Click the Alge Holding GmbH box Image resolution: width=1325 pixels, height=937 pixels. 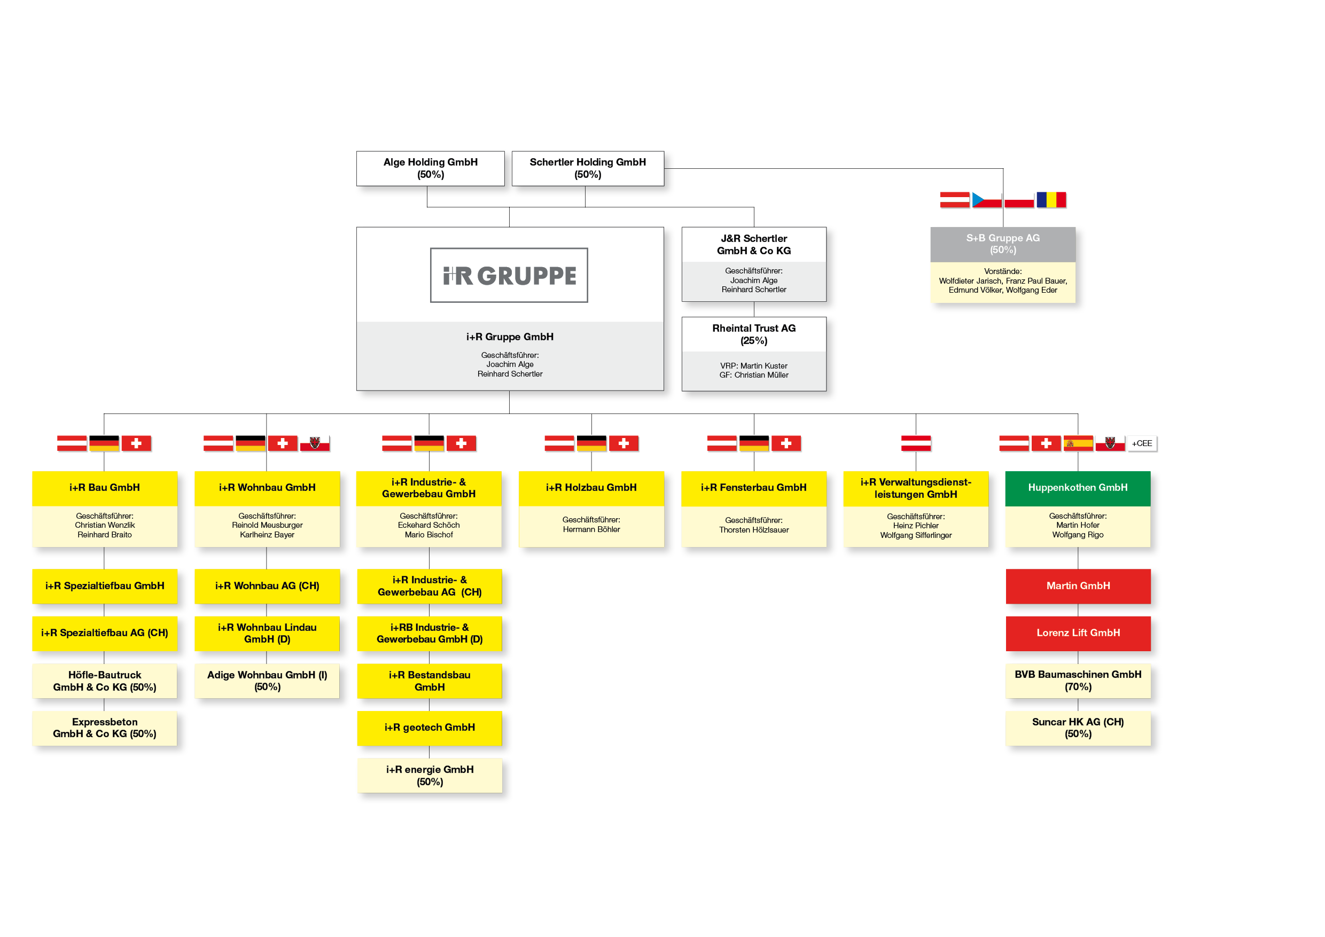431,168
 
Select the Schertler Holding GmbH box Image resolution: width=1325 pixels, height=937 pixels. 588,168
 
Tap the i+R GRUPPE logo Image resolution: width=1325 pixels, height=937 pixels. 509,275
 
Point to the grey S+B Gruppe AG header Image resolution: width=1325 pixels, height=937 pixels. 1003,244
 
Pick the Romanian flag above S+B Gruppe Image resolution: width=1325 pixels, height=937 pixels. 1051,200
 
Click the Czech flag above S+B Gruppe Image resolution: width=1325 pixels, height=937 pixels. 987,200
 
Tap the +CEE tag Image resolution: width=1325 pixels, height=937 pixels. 1142,443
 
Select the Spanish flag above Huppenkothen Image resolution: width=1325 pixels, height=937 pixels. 1078,443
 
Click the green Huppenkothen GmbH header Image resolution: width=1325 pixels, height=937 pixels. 1078,488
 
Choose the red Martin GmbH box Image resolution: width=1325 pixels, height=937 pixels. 1078,586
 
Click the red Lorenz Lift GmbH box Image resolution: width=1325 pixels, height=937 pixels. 1078,634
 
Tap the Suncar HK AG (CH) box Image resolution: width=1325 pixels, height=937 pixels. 1078,728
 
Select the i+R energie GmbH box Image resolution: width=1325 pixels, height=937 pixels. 430,776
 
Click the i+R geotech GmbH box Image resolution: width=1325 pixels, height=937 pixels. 430,728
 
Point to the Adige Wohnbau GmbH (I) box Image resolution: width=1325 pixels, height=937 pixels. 267,681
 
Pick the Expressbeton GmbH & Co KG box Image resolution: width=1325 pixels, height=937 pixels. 105,728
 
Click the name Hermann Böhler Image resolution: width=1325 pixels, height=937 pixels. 591,529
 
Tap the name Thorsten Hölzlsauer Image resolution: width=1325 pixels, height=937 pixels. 754,530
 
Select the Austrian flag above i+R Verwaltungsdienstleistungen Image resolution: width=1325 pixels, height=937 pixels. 916,443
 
